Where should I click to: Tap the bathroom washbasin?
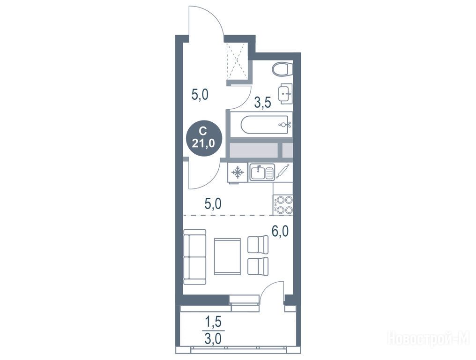click(285, 94)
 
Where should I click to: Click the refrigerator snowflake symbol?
click(238, 172)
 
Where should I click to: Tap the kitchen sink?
click(262, 172)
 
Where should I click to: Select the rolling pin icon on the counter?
click(283, 172)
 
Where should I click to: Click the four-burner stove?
click(283, 204)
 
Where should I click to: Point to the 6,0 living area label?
click(280, 231)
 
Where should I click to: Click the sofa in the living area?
click(195, 257)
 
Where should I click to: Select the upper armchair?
click(258, 245)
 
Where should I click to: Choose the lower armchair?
click(258, 266)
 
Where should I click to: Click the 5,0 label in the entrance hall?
click(199, 95)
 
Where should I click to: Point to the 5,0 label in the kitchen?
click(213, 204)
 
